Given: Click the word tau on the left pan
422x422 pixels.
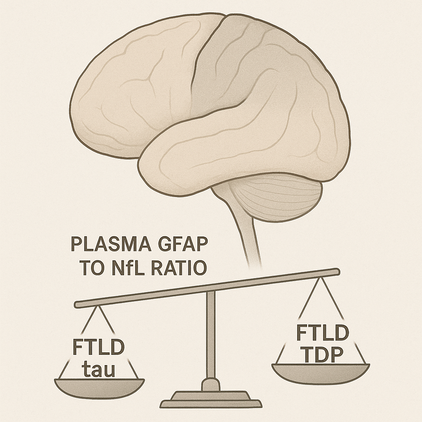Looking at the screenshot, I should point(99,368).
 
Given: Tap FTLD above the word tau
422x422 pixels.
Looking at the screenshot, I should point(98,347).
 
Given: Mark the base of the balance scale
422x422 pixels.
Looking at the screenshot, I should point(211,399).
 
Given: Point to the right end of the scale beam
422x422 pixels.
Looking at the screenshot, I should point(336,272).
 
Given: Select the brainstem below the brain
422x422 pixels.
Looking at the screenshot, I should point(247,231).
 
